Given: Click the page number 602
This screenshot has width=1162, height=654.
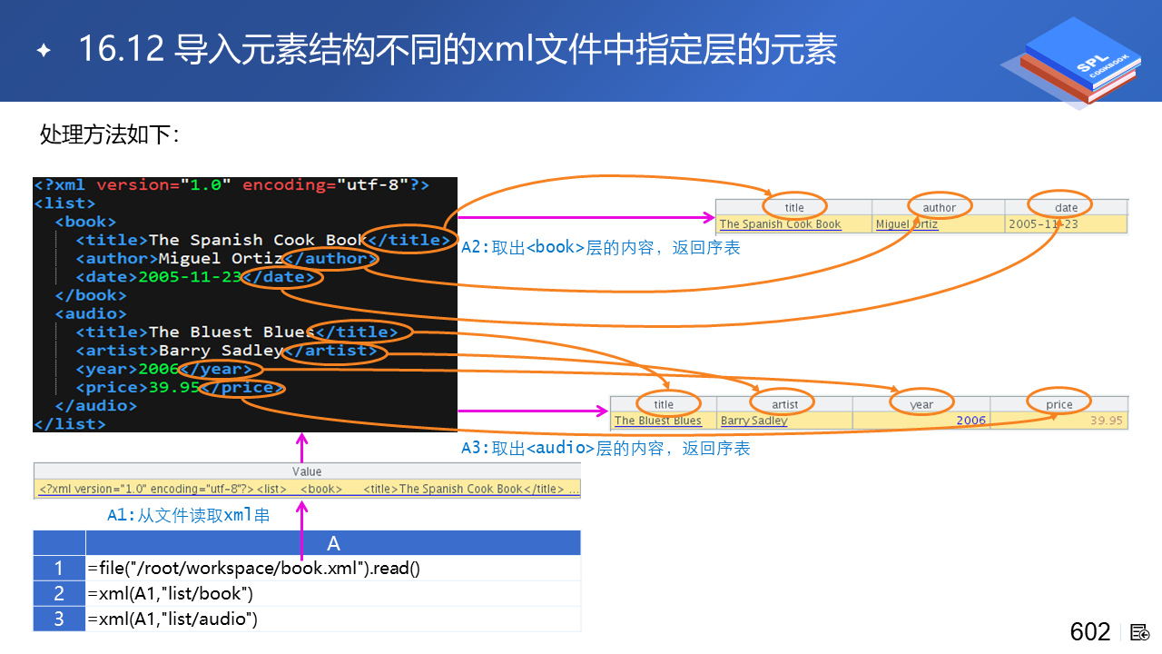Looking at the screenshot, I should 1090,632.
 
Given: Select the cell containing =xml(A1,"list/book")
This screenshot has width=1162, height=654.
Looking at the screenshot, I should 333,594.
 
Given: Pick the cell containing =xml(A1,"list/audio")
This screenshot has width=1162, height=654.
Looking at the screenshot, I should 333,619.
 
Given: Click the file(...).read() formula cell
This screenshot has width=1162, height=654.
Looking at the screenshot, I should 333,569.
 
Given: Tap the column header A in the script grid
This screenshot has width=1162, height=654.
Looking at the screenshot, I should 333,543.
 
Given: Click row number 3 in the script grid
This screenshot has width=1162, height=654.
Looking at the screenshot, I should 59,619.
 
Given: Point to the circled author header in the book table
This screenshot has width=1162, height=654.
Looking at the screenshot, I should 939,207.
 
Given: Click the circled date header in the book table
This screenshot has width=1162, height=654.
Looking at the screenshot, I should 1066,207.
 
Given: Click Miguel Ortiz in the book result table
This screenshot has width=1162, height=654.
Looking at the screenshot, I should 907,224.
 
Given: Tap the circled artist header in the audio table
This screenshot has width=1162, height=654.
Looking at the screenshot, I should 784,404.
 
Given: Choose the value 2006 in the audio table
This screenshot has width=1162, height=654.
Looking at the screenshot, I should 970,421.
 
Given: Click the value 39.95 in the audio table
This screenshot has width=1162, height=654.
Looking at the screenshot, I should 1107,421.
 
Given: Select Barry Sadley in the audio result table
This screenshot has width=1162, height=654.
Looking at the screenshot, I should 753,421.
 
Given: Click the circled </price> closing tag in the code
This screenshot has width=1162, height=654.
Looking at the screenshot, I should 242,388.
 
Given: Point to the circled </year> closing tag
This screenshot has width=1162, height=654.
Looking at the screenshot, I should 222,369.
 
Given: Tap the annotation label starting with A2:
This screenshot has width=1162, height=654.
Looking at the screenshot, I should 600,247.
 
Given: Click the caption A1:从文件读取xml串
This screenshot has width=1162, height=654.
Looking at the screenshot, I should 188,515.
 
